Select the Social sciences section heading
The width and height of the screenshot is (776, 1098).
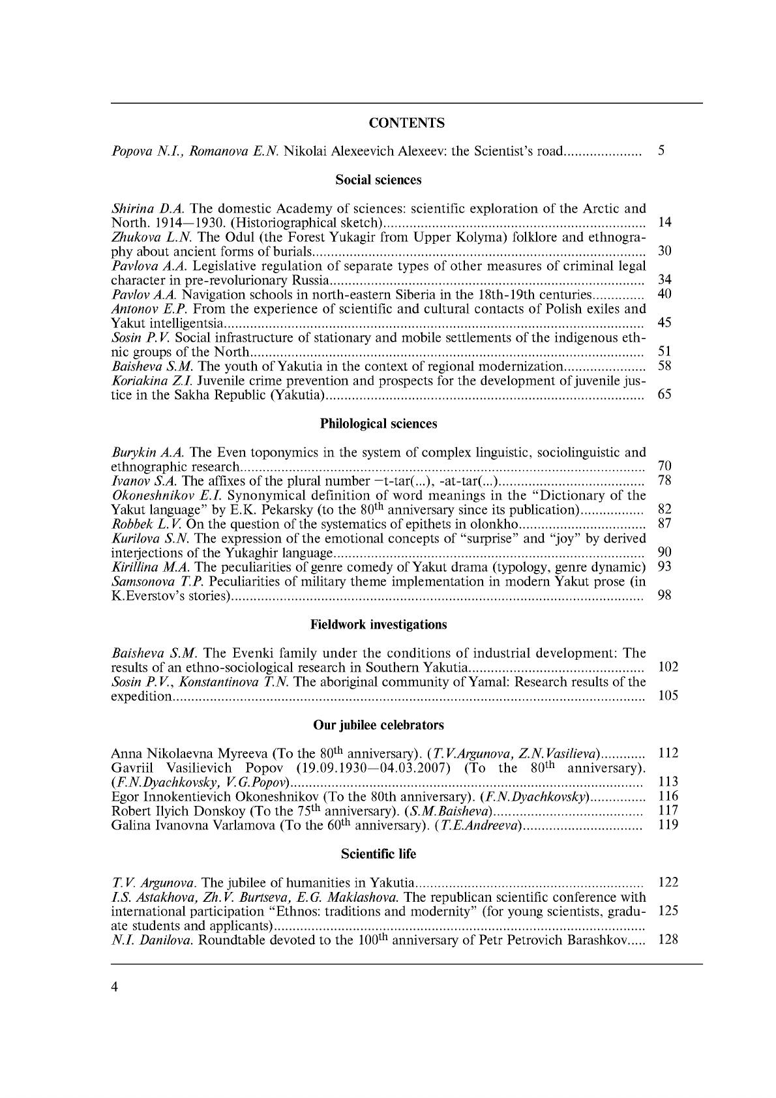point(378,179)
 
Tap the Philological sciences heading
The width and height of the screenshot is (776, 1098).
point(378,424)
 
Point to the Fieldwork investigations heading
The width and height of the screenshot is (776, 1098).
point(378,625)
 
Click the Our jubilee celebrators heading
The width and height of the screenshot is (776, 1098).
point(378,725)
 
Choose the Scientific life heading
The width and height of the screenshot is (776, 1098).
point(378,853)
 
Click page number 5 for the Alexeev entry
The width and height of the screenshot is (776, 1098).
point(661,151)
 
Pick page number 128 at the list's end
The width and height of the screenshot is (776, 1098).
point(668,940)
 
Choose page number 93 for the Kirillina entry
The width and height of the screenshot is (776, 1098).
point(664,567)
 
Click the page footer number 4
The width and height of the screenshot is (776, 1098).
point(115,987)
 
